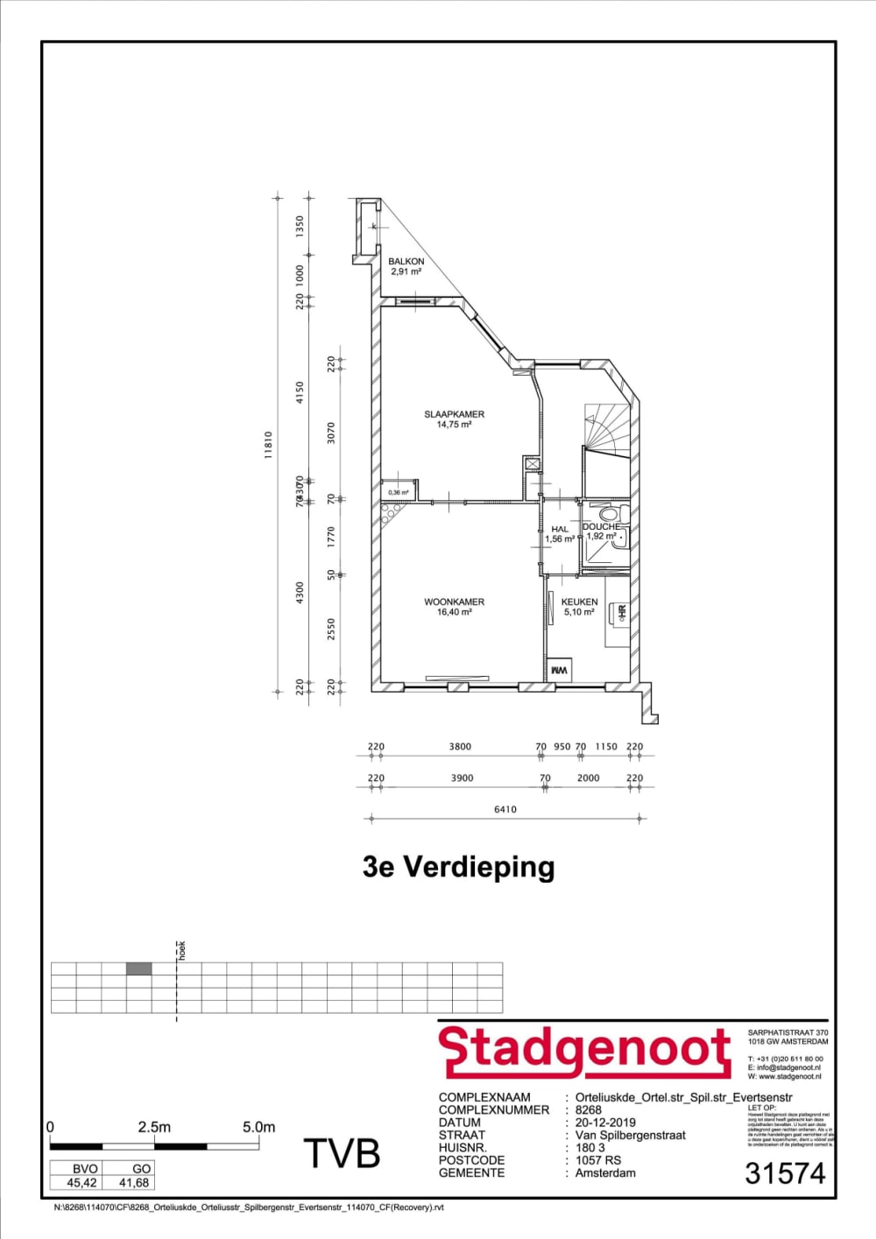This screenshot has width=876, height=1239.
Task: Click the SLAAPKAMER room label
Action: click(x=454, y=414)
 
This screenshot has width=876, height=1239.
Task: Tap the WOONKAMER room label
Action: click(x=454, y=602)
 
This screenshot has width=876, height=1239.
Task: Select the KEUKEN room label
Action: click(x=579, y=602)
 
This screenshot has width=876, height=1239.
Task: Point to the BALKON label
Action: click(x=406, y=262)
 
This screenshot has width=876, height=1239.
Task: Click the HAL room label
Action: click(x=560, y=530)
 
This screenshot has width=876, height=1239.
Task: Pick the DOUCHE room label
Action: click(x=601, y=527)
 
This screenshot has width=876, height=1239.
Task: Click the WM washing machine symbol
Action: click(x=559, y=671)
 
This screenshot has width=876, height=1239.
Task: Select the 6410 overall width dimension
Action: click(x=505, y=809)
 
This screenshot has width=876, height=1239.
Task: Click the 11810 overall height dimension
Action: click(x=269, y=445)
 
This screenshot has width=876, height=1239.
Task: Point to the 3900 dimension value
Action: click(x=462, y=778)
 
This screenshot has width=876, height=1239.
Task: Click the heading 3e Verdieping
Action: click(x=458, y=867)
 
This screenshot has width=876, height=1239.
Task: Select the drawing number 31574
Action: click(x=785, y=1173)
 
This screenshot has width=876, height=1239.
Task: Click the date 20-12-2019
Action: click(x=605, y=1123)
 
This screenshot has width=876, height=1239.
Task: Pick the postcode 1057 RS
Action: click(x=598, y=1160)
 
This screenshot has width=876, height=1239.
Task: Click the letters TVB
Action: click(x=342, y=1154)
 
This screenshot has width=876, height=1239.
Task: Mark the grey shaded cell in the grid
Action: click(x=138, y=968)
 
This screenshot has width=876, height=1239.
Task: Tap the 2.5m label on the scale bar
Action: click(x=154, y=1127)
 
